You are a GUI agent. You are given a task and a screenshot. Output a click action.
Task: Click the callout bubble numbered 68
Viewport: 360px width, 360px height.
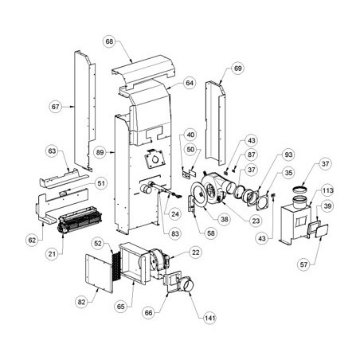(x=109, y=41)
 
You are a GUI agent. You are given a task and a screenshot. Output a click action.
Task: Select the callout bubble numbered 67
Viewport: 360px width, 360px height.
(x=56, y=107)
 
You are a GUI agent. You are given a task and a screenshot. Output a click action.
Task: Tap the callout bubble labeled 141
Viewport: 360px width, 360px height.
(x=209, y=318)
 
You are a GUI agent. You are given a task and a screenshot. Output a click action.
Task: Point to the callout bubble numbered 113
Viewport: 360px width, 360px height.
(x=328, y=190)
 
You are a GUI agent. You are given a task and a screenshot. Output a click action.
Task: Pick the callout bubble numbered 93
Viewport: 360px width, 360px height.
(x=288, y=155)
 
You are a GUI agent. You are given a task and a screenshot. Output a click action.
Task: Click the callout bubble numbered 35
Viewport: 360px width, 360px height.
(x=288, y=173)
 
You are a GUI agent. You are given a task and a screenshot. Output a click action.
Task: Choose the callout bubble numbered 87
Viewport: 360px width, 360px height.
(x=251, y=155)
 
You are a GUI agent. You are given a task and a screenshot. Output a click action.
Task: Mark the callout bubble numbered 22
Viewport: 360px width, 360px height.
(x=196, y=252)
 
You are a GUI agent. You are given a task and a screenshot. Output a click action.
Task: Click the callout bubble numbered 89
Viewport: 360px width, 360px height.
(x=100, y=152)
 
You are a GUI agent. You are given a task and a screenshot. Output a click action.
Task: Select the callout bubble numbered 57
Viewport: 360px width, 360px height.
(x=303, y=264)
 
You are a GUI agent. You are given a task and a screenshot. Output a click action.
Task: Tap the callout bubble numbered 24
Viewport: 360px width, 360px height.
(x=175, y=214)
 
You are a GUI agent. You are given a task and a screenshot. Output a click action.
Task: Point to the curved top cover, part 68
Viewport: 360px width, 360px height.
(x=143, y=71)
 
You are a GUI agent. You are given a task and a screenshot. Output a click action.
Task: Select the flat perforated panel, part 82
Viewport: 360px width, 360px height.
(x=99, y=273)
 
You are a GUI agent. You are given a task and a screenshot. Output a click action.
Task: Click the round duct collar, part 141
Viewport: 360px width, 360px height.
(x=187, y=285)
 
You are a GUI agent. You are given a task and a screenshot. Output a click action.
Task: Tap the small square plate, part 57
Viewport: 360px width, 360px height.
(x=322, y=231)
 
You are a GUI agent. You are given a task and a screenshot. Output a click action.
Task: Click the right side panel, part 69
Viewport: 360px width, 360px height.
(x=216, y=123)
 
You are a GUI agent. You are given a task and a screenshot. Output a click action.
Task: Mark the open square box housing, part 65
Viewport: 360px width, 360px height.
(x=133, y=264)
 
